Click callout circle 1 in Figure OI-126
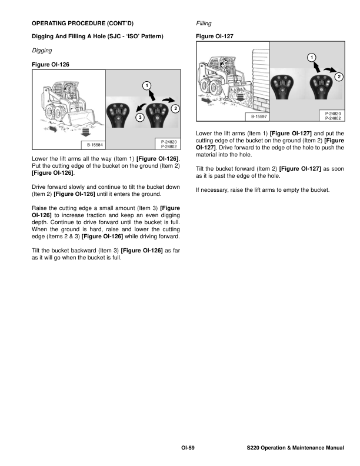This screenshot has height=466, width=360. (145, 86)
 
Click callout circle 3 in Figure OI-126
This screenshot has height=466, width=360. (139, 117)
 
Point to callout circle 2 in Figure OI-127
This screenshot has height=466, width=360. (338, 77)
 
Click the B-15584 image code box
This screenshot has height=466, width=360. (92, 144)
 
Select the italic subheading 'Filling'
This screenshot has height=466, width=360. (204, 24)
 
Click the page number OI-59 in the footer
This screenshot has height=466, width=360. (188, 448)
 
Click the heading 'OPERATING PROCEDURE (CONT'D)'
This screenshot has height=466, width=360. (82, 24)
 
